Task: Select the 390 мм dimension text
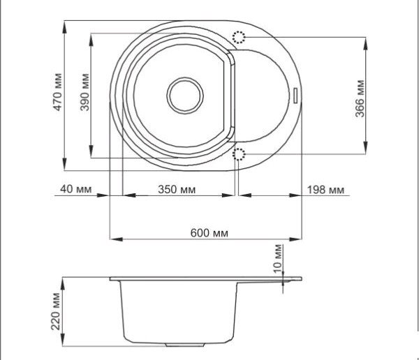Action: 84,91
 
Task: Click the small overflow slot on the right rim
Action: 298,93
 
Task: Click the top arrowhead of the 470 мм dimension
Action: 64,22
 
